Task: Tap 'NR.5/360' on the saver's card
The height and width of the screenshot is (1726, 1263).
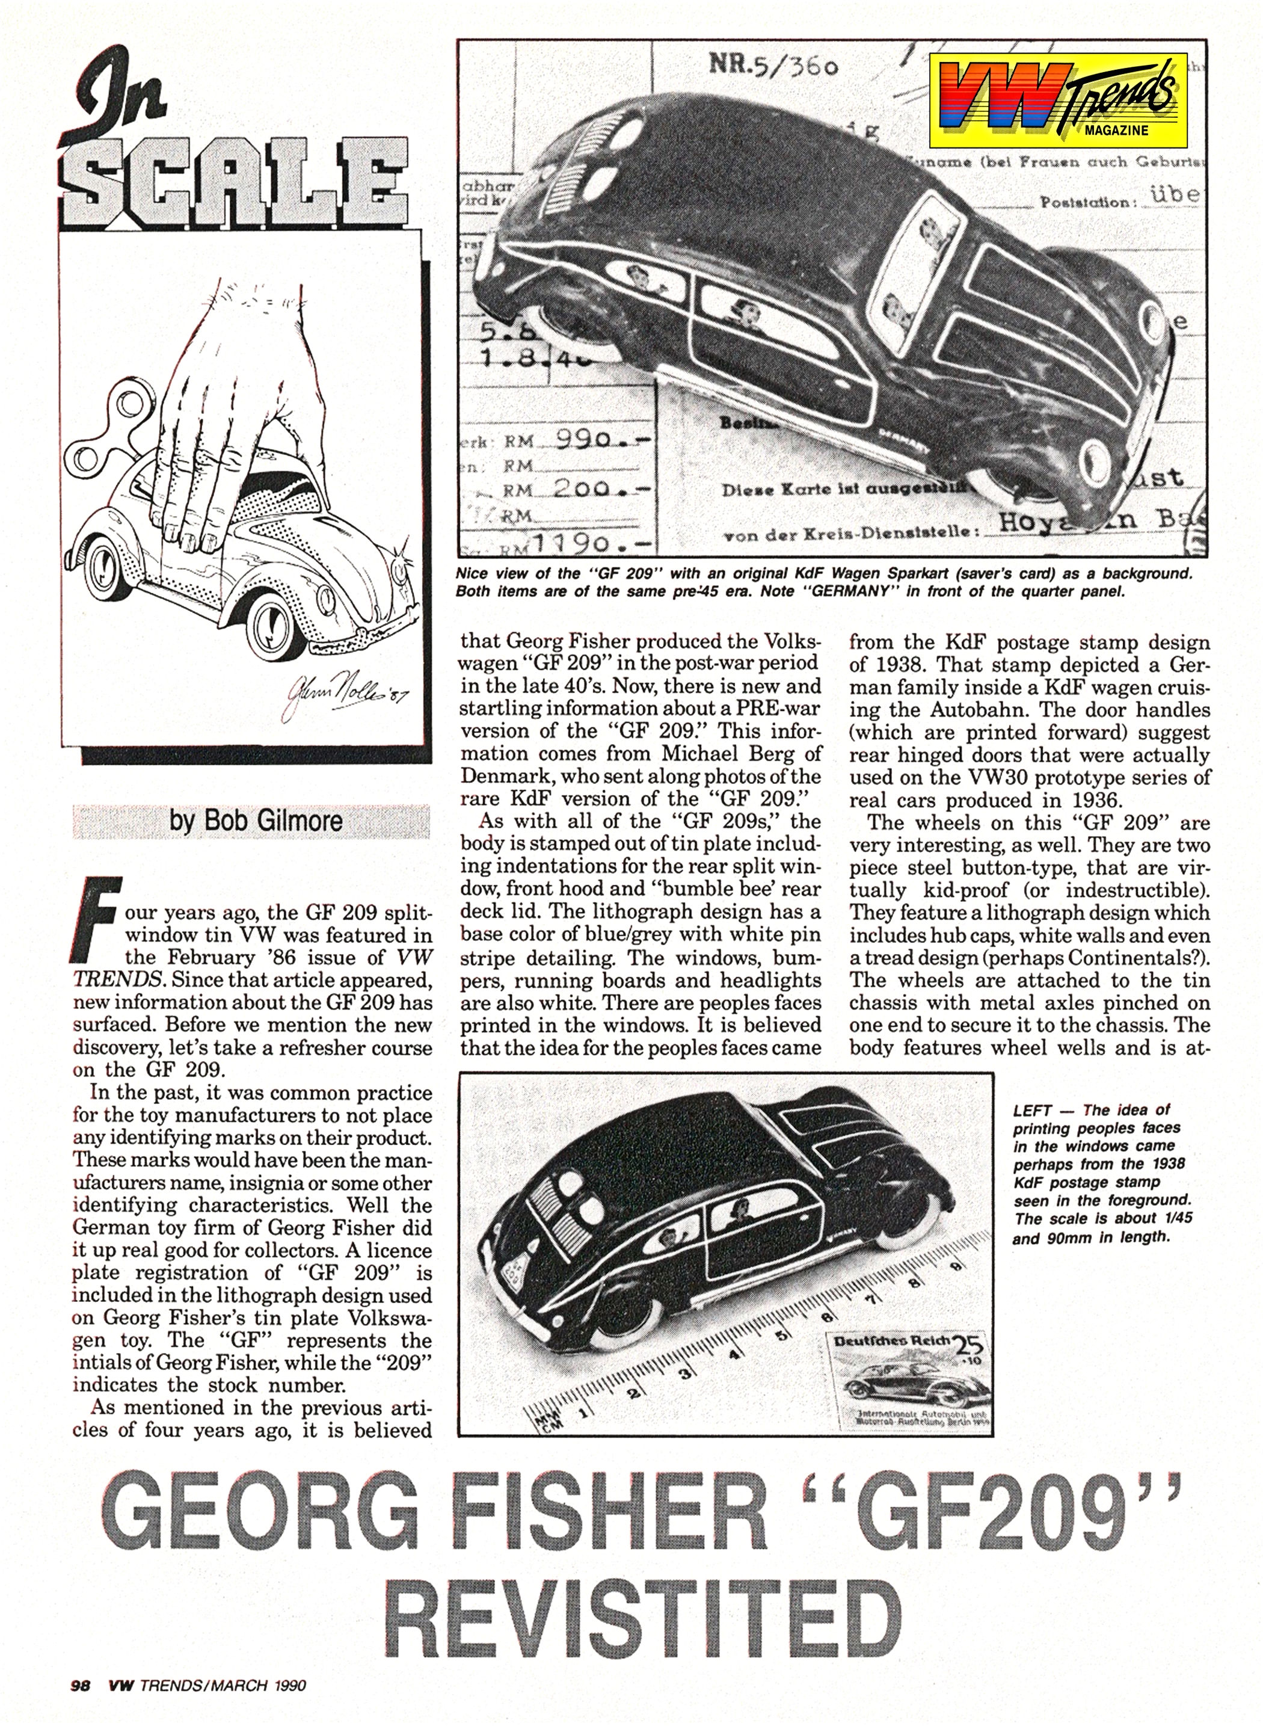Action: click(x=775, y=67)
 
